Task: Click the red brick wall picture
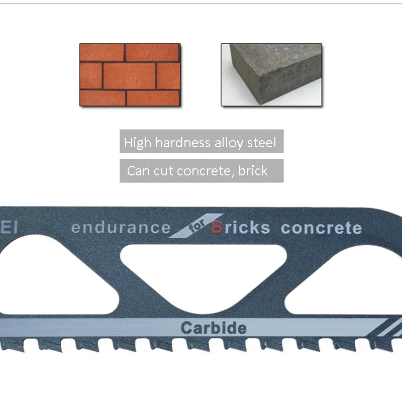tap(130, 74)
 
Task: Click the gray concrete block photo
tap(271, 74)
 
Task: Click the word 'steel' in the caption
tap(261, 143)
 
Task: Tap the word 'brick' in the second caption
tap(253, 171)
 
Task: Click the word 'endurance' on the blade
tap(121, 228)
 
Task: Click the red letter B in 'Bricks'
tap(217, 228)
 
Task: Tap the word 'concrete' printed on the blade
tap(321, 228)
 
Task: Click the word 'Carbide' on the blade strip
tap(214, 329)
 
